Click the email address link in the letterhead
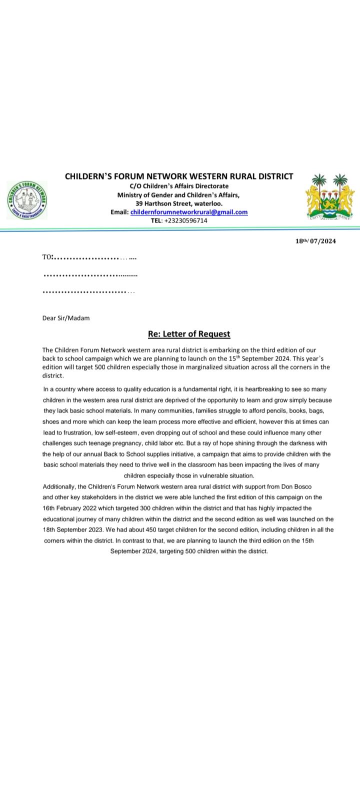[x=189, y=212]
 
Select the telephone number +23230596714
[x=185, y=220]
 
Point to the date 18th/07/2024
[x=315, y=241]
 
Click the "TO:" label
[x=48, y=257]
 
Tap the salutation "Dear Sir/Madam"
[x=66, y=317]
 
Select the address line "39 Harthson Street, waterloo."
[x=179, y=203]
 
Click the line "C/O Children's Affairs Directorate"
[x=178, y=186]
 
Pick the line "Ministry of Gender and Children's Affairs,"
[x=178, y=195]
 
